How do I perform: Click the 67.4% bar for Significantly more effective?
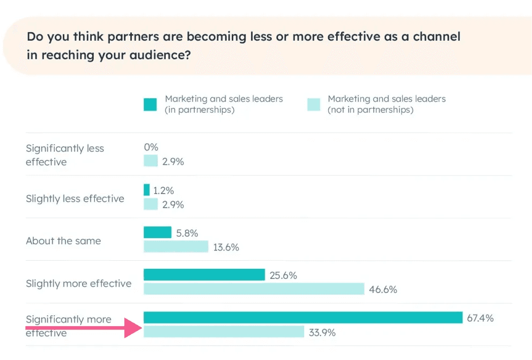click(302, 318)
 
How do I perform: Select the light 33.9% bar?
click(224, 332)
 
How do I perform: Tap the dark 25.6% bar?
click(204, 275)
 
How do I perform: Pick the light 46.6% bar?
click(254, 289)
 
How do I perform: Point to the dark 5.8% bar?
click(157, 232)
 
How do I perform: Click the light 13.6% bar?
click(175, 247)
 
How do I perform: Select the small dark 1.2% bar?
click(147, 190)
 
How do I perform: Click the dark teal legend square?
click(150, 104)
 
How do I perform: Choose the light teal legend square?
click(314, 104)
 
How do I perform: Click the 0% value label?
click(151, 147)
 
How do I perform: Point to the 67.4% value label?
click(480, 318)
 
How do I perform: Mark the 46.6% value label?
click(383, 290)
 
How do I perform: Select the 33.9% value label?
click(322, 333)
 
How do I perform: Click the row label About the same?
click(63, 241)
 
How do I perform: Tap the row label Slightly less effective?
click(75, 199)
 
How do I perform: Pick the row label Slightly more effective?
click(78, 283)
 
